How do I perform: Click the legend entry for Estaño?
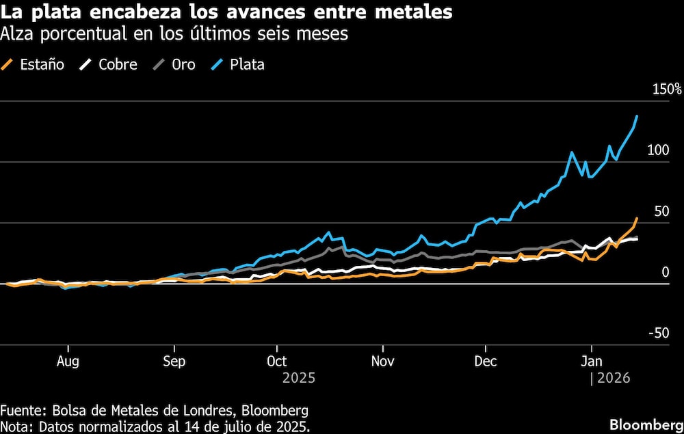point(34,65)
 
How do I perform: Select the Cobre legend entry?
point(109,65)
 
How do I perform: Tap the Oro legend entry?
point(174,65)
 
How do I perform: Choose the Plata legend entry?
point(239,65)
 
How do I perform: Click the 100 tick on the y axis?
point(658,150)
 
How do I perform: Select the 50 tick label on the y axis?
point(661,211)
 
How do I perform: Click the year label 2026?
point(614,377)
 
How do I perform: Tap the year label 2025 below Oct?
point(298,377)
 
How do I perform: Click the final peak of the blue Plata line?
point(637,116)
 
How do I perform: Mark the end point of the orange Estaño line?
point(637,219)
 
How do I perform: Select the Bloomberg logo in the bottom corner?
point(644,423)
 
